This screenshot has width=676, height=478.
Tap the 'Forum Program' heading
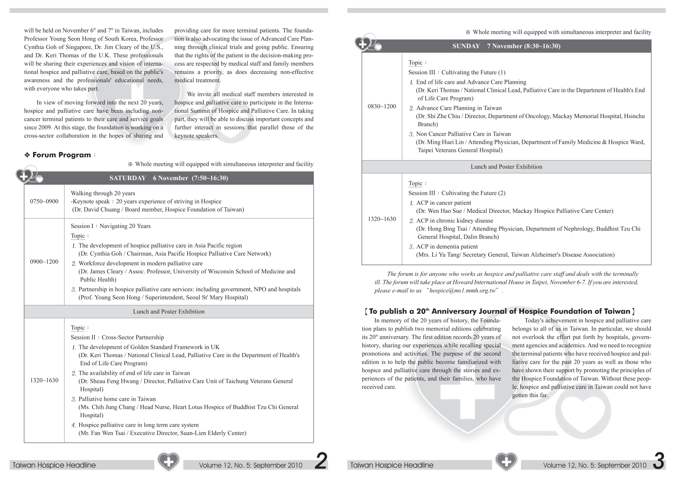[x=62, y=155]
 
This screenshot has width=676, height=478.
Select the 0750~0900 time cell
[x=44, y=201]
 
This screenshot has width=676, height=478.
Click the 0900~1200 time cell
[x=44, y=261]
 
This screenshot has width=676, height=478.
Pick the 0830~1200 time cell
[x=382, y=107]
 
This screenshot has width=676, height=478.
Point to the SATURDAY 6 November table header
[x=169, y=178]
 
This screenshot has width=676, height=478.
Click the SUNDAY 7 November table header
[x=506, y=46]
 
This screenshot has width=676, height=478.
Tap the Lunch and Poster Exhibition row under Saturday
[x=169, y=311]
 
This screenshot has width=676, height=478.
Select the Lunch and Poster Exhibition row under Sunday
[x=506, y=167]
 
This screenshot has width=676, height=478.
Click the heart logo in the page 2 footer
[x=168, y=462]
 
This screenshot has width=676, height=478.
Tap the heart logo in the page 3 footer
[x=506, y=462]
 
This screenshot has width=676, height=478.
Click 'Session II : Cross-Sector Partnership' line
[x=117, y=337]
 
